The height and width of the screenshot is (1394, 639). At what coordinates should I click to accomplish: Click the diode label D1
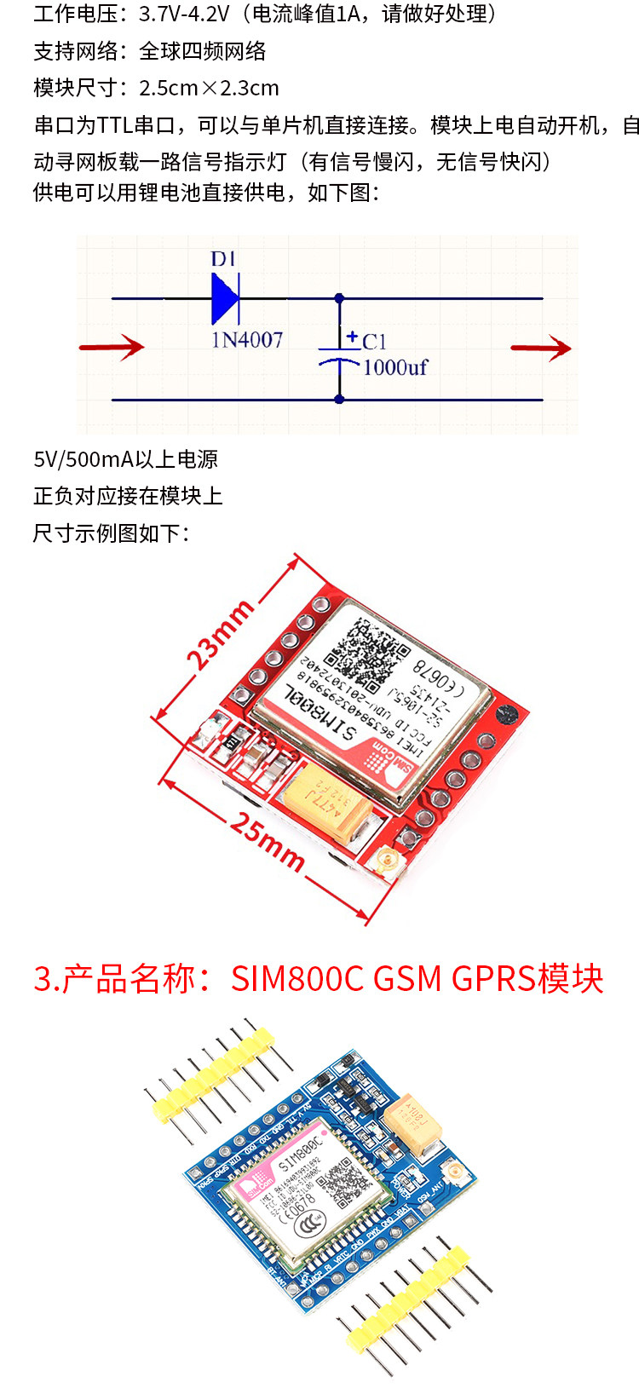(x=223, y=258)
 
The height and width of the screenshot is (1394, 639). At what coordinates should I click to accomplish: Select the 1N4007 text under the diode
(x=246, y=340)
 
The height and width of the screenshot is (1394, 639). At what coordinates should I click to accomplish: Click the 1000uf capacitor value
(x=394, y=367)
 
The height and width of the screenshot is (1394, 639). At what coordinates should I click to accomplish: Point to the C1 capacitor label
(x=374, y=342)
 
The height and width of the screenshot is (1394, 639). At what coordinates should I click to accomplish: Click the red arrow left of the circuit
(x=112, y=347)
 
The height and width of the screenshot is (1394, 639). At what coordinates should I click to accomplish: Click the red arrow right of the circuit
(x=541, y=348)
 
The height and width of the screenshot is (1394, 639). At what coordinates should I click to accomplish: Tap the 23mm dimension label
(x=220, y=635)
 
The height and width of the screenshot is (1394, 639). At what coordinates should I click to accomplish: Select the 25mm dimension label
(x=267, y=843)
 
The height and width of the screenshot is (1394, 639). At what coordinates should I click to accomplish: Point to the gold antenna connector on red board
(x=389, y=863)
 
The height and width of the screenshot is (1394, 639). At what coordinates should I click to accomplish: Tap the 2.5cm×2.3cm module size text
(x=209, y=88)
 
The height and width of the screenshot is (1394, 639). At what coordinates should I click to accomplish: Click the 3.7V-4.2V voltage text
(x=184, y=14)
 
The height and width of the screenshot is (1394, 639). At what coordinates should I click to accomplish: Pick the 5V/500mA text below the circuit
(x=83, y=459)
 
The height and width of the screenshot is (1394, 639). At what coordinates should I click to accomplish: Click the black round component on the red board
(x=508, y=715)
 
